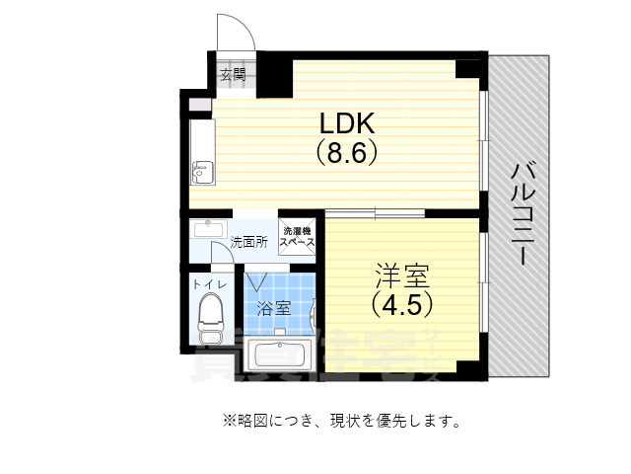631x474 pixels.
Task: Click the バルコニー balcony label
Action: (521, 212)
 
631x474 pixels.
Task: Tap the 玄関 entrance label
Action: (232, 74)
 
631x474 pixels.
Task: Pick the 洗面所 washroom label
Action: (248, 241)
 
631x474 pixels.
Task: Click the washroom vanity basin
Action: (208, 230)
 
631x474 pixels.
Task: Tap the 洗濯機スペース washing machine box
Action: (297, 235)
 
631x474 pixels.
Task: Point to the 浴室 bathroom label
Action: (273, 307)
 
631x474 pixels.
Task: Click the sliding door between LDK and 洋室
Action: (375, 213)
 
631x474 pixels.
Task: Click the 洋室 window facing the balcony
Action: (482, 286)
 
